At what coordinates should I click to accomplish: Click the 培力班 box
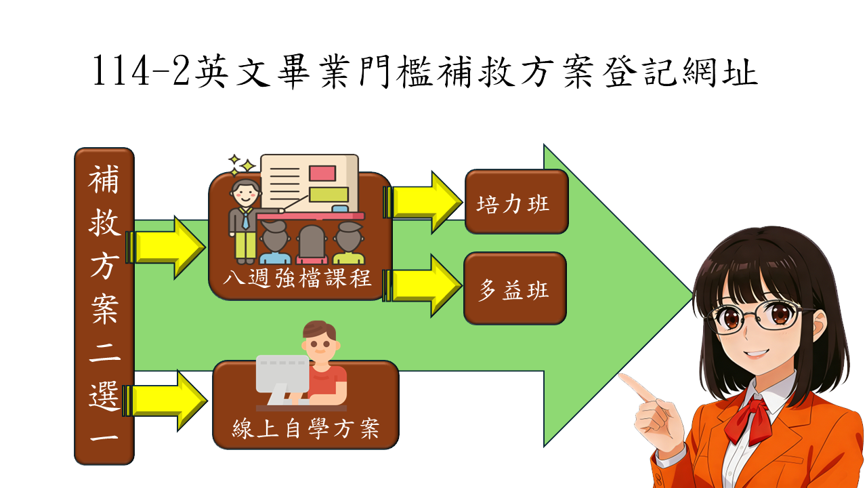516,202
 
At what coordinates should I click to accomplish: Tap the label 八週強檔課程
301,279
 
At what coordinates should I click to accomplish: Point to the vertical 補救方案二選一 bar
104,306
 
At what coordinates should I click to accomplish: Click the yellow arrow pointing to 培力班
423,201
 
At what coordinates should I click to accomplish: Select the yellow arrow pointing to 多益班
423,285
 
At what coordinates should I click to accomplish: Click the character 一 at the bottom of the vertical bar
104,438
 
